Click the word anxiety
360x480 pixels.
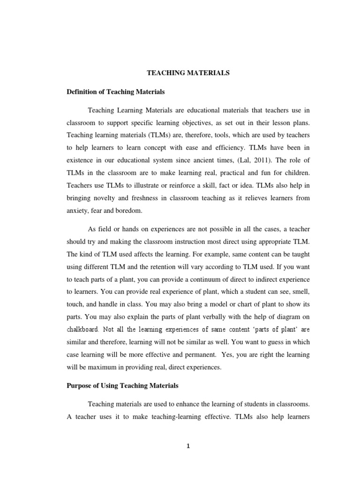76,211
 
